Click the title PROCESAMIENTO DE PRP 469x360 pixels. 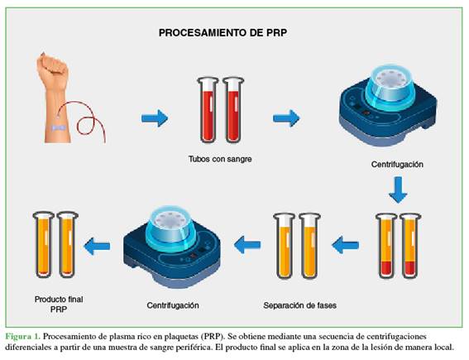223,32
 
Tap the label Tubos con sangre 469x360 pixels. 220,159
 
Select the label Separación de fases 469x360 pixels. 299,305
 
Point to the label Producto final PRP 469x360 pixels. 59,304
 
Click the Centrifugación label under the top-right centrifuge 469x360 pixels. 397,165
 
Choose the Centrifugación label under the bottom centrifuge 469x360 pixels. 173,305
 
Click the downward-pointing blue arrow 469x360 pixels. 398,190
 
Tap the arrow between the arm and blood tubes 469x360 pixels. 155,118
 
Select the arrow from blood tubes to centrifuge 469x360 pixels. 286,118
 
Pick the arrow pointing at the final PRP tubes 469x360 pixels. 97,246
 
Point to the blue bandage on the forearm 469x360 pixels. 59,127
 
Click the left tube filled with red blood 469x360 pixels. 208,110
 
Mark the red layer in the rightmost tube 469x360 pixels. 410,268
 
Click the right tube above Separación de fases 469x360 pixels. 309,246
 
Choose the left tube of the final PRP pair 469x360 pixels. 43,244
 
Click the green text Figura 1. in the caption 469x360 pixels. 22,336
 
